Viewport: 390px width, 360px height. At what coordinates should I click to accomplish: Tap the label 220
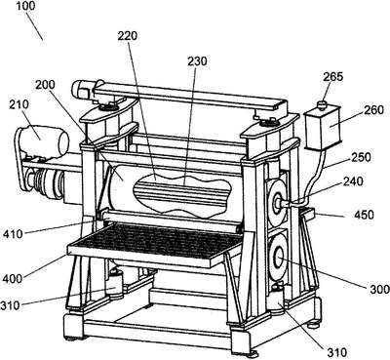[127, 36]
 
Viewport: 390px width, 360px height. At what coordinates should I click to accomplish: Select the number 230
[197, 60]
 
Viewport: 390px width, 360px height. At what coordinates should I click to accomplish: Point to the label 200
[45, 85]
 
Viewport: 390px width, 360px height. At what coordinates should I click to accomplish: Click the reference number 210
[19, 104]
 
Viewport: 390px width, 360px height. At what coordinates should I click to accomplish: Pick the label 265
[333, 77]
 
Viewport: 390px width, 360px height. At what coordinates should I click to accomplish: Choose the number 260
[373, 110]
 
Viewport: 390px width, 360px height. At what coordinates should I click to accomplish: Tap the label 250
[361, 157]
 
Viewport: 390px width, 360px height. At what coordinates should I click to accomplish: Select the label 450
[364, 215]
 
